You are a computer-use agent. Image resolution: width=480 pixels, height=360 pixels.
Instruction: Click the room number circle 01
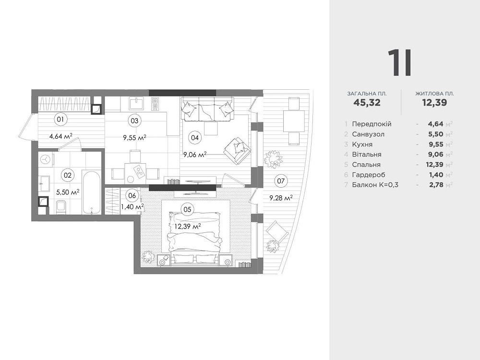tap(60, 119)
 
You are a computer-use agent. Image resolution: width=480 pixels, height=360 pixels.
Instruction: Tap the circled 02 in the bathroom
tap(67, 175)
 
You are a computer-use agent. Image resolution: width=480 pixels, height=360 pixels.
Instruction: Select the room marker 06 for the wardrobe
tap(132, 196)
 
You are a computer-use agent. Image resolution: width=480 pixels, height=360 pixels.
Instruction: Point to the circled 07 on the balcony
tap(281, 181)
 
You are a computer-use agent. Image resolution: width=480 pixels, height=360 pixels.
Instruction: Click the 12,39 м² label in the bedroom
tap(187, 227)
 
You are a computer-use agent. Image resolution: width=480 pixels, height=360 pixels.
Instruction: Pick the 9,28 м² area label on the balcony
tap(281, 198)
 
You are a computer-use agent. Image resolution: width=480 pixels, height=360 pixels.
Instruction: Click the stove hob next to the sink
tap(155, 104)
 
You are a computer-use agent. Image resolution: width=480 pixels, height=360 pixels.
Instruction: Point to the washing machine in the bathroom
tap(45, 159)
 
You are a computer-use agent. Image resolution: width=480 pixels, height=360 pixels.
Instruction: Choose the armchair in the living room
tap(238, 149)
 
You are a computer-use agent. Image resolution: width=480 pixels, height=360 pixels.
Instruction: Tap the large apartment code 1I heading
tap(400, 63)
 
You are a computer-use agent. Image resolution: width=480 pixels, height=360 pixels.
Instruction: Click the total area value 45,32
tap(367, 102)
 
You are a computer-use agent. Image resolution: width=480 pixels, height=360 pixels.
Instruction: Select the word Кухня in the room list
tap(362, 144)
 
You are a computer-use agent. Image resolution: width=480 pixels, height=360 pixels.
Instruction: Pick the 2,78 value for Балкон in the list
tap(436, 185)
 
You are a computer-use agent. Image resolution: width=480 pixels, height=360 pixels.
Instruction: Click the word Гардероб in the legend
tap(369, 175)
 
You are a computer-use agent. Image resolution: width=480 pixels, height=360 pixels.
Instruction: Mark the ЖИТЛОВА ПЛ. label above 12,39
tap(435, 94)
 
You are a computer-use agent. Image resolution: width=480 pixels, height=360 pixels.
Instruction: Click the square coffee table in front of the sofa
tap(211, 128)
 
